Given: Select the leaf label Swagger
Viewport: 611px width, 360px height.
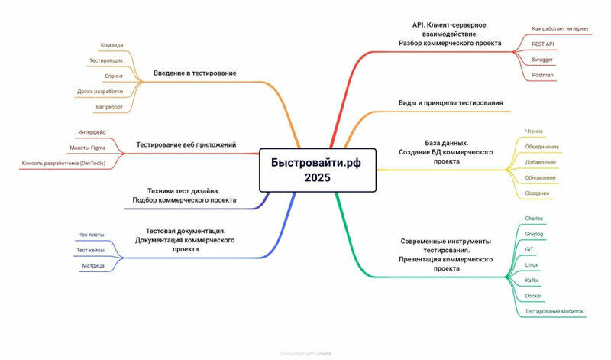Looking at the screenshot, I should tap(542, 60).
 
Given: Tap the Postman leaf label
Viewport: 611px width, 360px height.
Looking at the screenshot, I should tap(542, 76).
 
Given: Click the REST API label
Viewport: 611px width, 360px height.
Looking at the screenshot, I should tap(544, 44).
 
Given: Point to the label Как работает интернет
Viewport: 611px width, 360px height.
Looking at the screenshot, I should tap(561, 28).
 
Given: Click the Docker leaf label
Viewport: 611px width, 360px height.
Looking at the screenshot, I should tap(533, 296).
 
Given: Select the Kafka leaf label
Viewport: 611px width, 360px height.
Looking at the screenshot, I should tap(532, 281).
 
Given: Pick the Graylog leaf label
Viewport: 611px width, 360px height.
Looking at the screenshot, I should tap(535, 234).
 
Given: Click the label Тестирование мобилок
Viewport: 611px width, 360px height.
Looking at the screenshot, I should tap(554, 312).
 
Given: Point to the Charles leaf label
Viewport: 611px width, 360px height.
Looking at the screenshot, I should tap(534, 219).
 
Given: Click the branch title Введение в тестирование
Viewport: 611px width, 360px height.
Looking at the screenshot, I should tap(195, 73).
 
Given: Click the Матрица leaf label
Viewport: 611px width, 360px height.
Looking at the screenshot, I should tap(93, 265).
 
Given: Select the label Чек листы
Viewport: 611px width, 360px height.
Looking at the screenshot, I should tap(92, 234).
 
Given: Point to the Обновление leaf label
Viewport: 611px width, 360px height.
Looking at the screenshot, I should tap(540, 178).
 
